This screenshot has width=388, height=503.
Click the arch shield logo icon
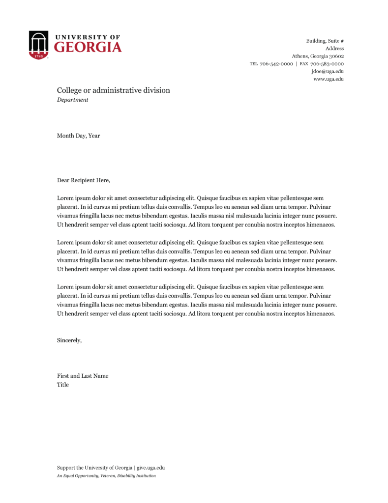(x=38, y=45)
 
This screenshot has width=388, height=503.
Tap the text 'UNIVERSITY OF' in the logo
(x=88, y=37)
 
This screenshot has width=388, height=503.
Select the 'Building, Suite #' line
(x=325, y=40)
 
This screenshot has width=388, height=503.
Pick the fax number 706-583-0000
(x=327, y=64)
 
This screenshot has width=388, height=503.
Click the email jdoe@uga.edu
(x=328, y=71)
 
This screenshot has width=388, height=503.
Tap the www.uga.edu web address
(x=328, y=79)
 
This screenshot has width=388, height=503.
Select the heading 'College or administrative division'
(x=113, y=90)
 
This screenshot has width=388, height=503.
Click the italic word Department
(x=72, y=100)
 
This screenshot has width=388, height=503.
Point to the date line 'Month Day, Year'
(x=78, y=136)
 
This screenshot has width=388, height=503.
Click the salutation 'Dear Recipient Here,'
(x=83, y=180)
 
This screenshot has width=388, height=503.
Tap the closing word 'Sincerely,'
(x=69, y=340)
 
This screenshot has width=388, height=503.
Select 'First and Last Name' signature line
(x=83, y=376)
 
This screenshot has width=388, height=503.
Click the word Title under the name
(x=63, y=385)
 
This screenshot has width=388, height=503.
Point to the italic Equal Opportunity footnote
(x=106, y=475)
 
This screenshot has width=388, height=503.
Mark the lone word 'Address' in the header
(x=334, y=48)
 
